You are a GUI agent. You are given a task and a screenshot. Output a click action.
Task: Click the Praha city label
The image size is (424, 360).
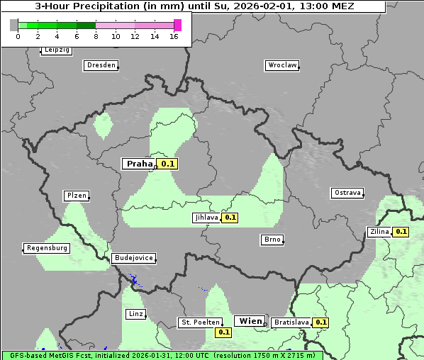139,164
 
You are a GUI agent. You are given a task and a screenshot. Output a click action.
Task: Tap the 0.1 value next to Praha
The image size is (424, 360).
167,164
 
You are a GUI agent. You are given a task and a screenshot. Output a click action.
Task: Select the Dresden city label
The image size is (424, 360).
101,65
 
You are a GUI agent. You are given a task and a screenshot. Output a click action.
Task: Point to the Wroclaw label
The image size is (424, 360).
281,65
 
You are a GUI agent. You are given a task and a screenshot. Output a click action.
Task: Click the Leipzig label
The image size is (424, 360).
56,50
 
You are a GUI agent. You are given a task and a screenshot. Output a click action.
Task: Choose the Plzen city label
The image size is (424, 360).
76,196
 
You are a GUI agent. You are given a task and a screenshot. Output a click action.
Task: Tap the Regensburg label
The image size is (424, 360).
47,248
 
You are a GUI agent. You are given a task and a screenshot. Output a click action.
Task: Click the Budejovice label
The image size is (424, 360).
133,258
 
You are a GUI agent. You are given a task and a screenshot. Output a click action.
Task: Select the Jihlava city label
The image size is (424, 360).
206,218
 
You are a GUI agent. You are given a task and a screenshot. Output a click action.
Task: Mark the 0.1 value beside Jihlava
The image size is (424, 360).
230,218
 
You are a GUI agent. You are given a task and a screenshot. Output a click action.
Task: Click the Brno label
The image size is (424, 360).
272,240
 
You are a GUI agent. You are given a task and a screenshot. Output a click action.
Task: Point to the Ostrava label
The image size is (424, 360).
347,193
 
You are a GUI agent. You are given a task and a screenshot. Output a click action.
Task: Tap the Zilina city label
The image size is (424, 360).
379,231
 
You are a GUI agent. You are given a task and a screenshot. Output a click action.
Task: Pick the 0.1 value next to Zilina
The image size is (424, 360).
401,231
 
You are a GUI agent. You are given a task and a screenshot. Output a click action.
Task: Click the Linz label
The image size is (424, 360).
135,313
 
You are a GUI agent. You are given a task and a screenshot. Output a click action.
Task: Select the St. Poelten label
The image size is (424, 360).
199,322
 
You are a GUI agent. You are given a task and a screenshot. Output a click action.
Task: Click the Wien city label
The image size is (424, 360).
250,321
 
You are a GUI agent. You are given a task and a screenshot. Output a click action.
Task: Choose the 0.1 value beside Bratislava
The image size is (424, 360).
321,322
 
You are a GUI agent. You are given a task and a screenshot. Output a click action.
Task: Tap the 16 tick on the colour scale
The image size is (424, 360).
174,36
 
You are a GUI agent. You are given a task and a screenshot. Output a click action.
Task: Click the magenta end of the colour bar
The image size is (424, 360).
177,25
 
